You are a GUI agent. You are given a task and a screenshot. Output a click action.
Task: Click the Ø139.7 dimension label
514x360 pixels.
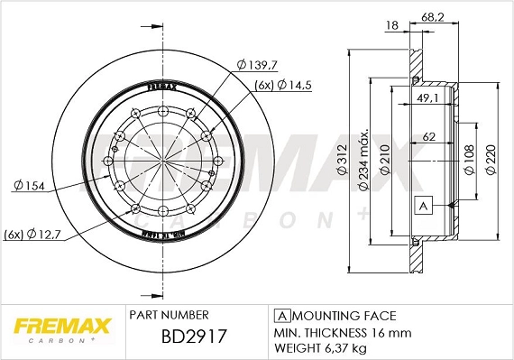pos(257,66)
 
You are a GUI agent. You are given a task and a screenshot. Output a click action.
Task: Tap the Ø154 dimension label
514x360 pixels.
pos(31,185)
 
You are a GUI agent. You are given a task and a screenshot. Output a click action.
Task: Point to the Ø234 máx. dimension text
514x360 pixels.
pos(364,161)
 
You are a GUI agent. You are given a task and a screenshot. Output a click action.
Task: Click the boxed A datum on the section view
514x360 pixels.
pos(420,205)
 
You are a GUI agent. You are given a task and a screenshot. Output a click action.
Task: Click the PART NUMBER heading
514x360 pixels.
pos(170,315)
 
